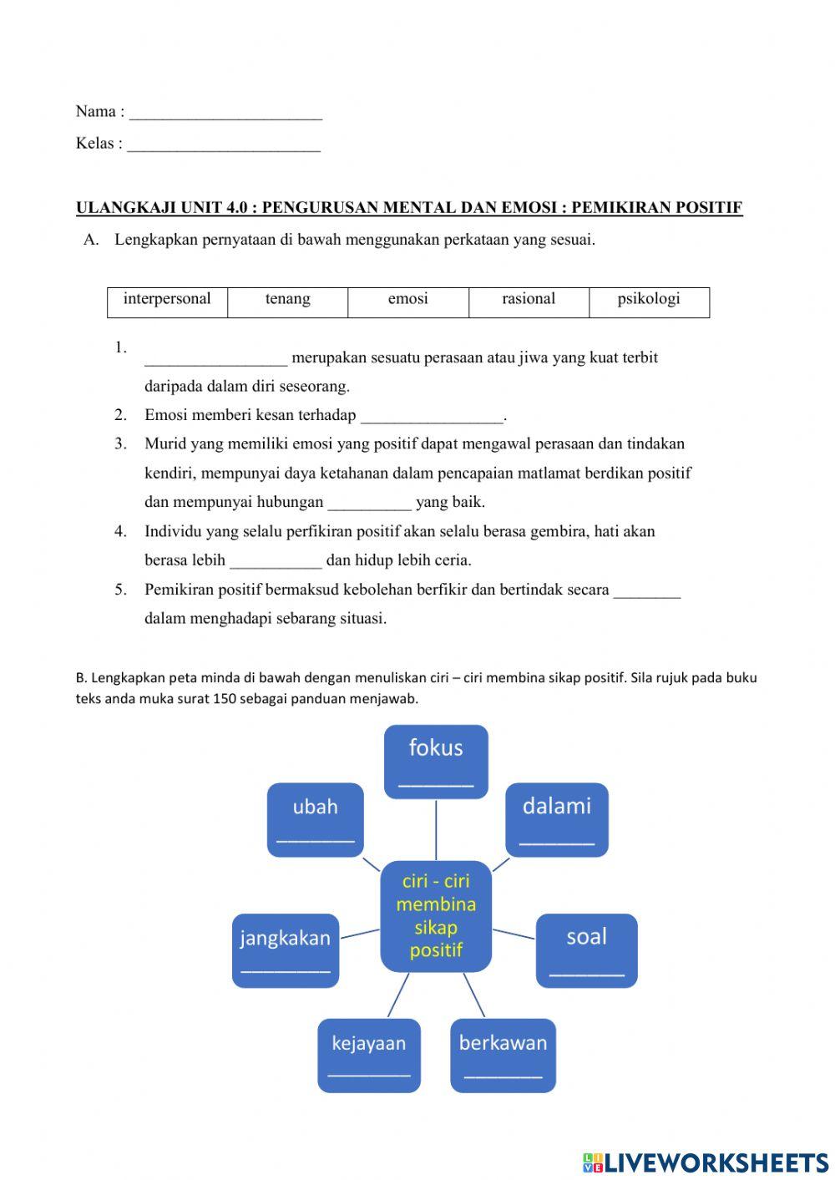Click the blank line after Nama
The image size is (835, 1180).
(x=225, y=113)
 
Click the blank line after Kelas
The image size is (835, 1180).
(x=224, y=144)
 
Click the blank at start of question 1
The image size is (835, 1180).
(x=215, y=358)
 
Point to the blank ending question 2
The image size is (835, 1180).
(x=432, y=416)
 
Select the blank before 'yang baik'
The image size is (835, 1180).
(x=369, y=503)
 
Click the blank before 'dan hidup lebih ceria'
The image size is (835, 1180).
(x=276, y=561)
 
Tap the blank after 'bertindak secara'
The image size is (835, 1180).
(x=647, y=590)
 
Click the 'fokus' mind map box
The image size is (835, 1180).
(x=436, y=762)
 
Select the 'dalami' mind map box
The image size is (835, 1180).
(x=557, y=819)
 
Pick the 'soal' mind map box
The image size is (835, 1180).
(x=586, y=950)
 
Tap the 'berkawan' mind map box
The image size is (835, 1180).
(x=503, y=1056)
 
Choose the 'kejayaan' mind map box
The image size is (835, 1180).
(x=368, y=1056)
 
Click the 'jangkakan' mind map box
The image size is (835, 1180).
(x=285, y=950)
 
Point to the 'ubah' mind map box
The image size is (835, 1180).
(x=315, y=819)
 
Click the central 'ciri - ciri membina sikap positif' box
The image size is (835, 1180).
(x=436, y=916)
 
